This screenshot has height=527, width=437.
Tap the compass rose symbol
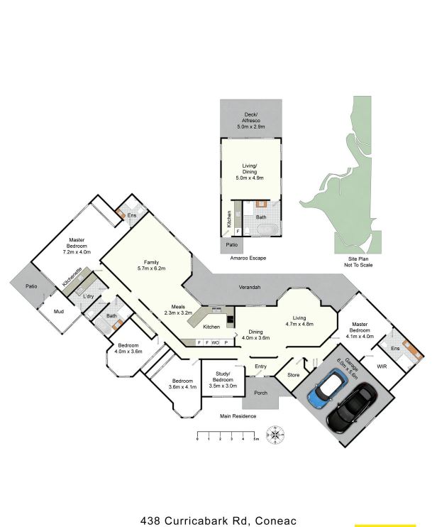pyautogui.click(x=275, y=435)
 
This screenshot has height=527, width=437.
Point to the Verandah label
pyautogui.click(x=250, y=288)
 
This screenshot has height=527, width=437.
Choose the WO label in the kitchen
pyautogui.click(x=215, y=342)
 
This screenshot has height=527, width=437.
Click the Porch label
pyautogui.click(x=260, y=393)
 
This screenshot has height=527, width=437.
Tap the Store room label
pyautogui.click(x=294, y=375)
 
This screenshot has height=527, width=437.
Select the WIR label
pyautogui.click(x=382, y=366)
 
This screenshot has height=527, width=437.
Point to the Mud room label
pyautogui.click(x=59, y=312)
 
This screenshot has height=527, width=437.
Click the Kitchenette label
pyautogui.click(x=72, y=277)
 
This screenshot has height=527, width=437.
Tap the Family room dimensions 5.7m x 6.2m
pyautogui.click(x=151, y=268)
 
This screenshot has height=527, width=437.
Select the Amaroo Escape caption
pyautogui.click(x=248, y=258)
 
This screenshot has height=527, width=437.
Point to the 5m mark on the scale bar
pyautogui.click(x=256, y=439)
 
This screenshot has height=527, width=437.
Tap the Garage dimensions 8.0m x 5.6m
pyautogui.click(x=348, y=369)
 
